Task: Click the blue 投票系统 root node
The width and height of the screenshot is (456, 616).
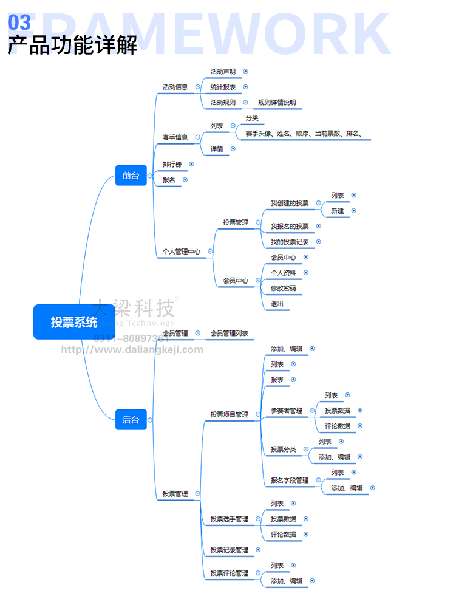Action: click(x=73, y=322)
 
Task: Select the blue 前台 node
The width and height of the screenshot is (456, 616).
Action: click(x=131, y=176)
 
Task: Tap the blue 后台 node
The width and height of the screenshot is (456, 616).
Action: click(x=131, y=420)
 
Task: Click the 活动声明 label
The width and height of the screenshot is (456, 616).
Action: click(x=223, y=72)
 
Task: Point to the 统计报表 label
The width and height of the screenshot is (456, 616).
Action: click(x=223, y=87)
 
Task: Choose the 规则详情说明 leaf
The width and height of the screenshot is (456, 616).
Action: click(x=277, y=103)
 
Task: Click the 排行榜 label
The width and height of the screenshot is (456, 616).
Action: click(x=172, y=165)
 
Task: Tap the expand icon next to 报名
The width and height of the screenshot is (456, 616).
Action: click(x=185, y=180)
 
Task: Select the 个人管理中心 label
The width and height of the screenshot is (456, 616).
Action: click(x=181, y=251)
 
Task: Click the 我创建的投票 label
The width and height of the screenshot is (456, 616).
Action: click(x=290, y=203)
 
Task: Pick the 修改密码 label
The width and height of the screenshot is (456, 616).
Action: click(x=284, y=288)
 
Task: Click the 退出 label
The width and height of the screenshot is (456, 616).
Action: click(x=277, y=304)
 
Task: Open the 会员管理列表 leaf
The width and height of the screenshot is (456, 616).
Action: click(x=229, y=334)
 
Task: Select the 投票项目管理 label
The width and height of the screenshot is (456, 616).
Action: click(x=229, y=414)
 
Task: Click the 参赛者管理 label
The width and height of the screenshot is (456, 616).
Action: click(x=287, y=411)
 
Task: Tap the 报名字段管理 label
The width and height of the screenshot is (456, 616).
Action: click(x=290, y=481)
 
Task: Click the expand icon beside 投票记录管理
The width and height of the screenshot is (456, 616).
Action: click(x=258, y=550)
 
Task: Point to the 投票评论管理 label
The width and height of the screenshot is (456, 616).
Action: click(x=229, y=573)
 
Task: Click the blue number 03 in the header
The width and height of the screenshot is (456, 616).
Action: click(x=19, y=23)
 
